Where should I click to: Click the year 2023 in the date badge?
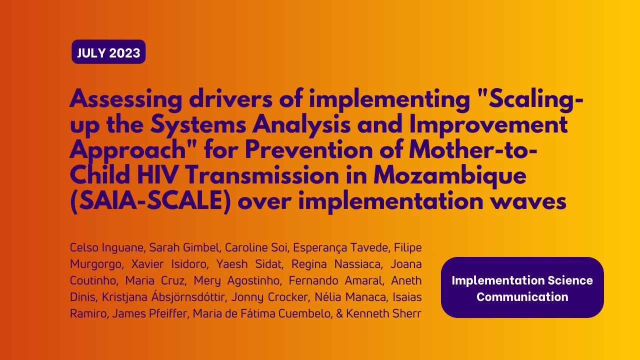point(124,53)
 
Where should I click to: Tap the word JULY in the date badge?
point(91,53)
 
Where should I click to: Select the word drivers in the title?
point(231,98)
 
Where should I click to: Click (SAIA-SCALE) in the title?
point(150,201)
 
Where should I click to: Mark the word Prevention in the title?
point(309,149)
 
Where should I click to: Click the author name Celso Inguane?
point(107,247)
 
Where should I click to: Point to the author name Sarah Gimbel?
point(185,247)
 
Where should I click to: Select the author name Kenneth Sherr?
point(383,313)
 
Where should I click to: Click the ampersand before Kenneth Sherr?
point(339,313)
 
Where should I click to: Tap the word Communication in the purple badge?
point(522,297)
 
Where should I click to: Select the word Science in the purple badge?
point(570,280)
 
